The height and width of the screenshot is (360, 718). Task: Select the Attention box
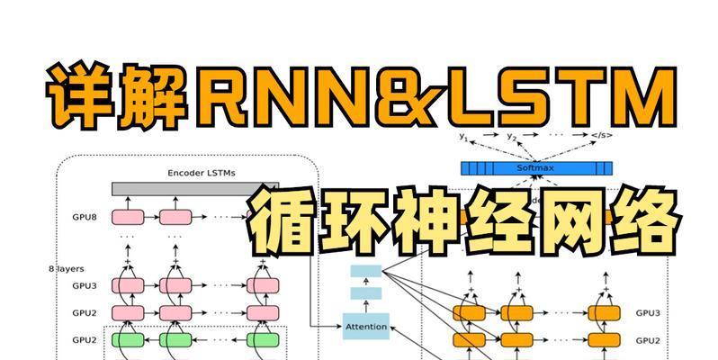tap(366, 326)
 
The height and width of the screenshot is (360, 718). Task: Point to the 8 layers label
tap(64, 268)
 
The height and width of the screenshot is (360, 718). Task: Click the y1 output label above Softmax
tap(464, 137)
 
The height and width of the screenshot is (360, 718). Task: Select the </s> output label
tap(598, 137)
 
